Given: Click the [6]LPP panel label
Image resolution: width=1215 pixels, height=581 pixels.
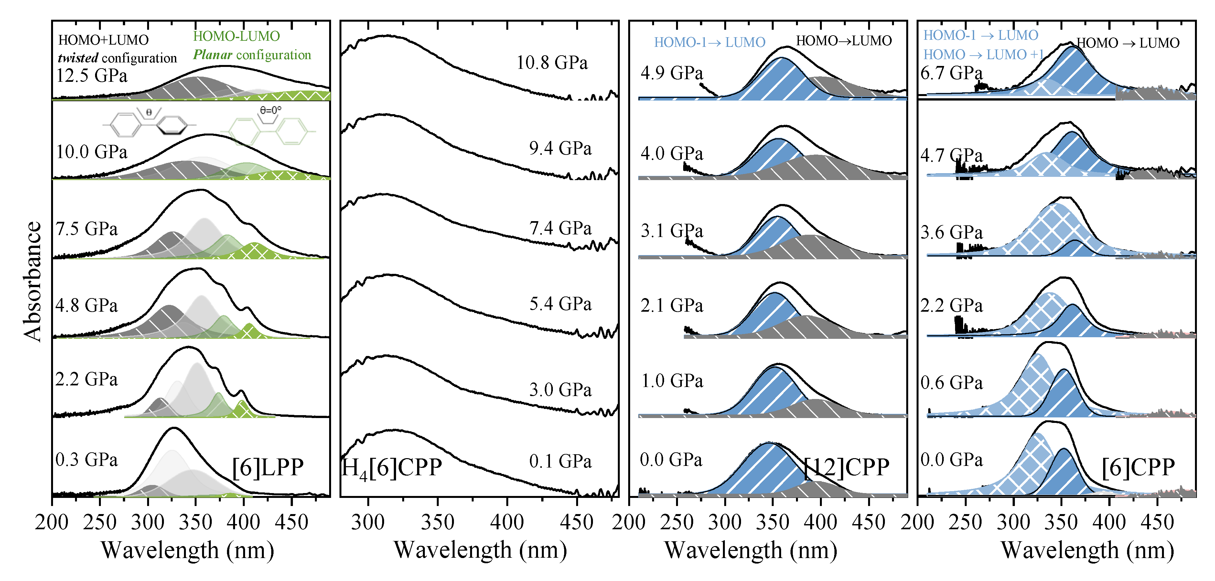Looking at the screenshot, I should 267,467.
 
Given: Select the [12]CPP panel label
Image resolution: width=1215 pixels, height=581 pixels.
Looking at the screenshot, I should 847,467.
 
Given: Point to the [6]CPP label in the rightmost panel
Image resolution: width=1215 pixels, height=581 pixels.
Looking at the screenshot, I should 1138,467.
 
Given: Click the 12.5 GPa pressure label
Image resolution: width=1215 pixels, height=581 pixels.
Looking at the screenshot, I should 92,75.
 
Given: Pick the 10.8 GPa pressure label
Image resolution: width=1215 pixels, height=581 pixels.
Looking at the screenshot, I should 552,63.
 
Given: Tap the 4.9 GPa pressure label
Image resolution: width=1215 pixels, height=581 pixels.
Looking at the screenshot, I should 672,73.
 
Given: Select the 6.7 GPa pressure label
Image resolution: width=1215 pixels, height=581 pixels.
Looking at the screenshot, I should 952,73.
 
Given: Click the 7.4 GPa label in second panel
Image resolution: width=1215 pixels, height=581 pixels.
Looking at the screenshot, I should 560,228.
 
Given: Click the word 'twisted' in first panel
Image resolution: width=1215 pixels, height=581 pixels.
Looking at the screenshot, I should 78,58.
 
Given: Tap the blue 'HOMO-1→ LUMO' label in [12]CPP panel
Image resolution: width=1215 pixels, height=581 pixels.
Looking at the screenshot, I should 709,42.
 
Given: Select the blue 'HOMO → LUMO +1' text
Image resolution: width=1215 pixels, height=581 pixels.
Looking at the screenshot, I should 984,55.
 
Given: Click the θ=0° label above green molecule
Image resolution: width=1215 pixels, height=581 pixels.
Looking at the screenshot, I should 270,110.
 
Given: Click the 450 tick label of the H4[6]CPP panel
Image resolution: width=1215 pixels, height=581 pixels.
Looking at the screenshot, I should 576,522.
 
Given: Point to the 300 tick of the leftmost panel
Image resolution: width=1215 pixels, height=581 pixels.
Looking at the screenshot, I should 148,522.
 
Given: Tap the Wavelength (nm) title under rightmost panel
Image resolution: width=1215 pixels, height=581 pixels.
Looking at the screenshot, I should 1087,550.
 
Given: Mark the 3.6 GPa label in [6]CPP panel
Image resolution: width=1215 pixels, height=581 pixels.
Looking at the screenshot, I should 952,232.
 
